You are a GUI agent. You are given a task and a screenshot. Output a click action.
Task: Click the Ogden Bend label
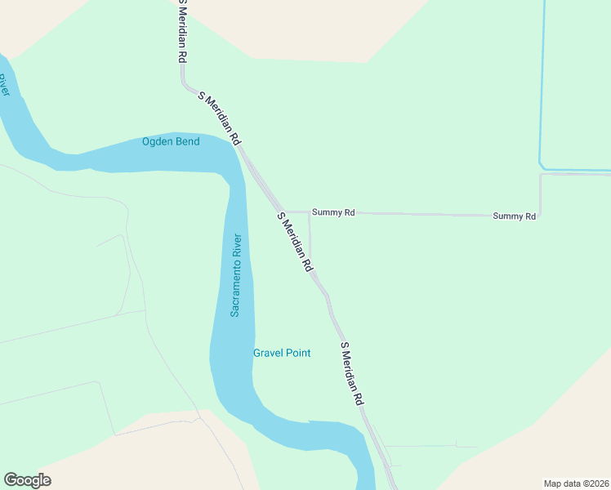pos(171,141)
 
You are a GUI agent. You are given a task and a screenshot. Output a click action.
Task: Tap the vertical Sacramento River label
pos(235,275)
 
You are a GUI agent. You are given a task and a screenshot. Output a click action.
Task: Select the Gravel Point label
pos(282,353)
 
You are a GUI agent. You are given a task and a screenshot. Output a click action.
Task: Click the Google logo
pos(27,480)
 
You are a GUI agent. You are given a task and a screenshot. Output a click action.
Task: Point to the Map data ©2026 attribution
pos(577,483)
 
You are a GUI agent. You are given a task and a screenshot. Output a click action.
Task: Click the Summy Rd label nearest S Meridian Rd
pos(338,212)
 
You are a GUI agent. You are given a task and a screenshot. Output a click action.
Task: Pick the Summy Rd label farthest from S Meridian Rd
pos(514,216)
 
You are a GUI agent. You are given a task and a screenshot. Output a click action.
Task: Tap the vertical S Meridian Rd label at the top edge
pos(183,33)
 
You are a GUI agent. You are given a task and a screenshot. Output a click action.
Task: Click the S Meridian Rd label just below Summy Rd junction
pos(295,243)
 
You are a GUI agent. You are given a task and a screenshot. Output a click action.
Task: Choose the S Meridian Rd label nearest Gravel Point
pos(352,374)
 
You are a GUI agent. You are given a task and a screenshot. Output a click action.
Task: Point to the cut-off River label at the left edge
pos(4,85)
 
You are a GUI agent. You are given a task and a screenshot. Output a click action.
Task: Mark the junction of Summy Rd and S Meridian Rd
pos(284,212)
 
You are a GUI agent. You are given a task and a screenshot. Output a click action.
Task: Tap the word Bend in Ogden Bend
pos(187,141)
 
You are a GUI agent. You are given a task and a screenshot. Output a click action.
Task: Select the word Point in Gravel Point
pos(297,353)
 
